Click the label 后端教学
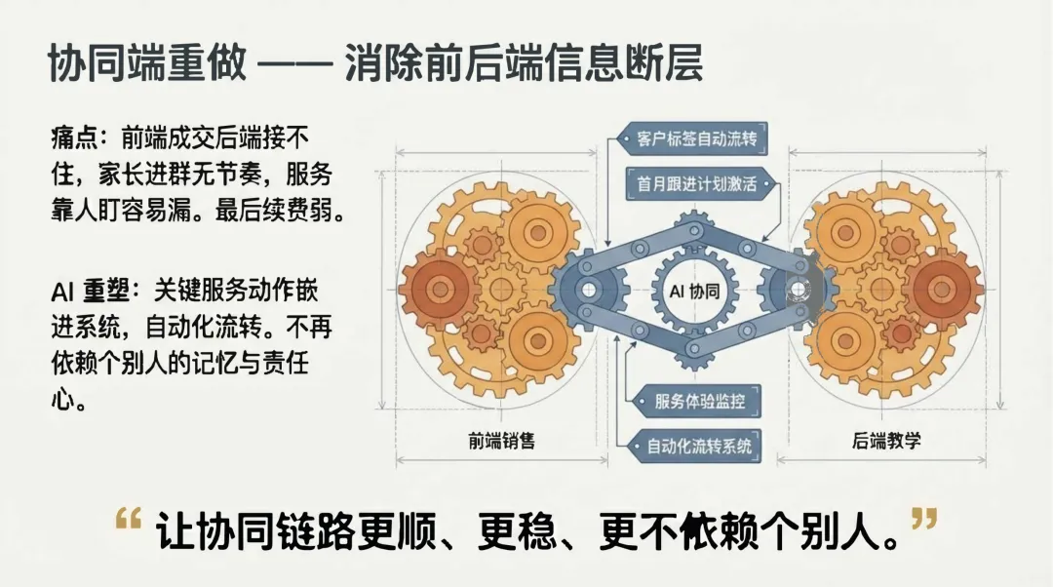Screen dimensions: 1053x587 pos(886,441)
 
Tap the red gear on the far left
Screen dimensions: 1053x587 pos(436,289)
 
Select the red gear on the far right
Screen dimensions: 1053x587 pos(945,289)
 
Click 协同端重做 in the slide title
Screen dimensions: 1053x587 pos(144,65)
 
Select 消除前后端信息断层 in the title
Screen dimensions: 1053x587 pos(524,65)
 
